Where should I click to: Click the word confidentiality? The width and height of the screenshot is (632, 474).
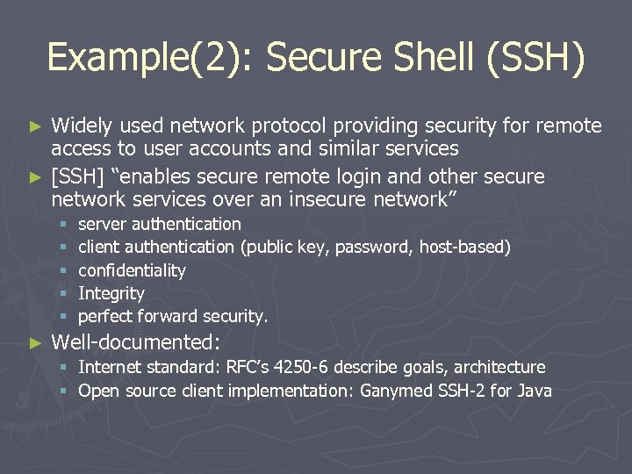(132, 270)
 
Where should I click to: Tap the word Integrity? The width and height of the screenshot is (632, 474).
(111, 293)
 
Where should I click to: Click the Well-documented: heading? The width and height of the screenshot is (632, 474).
(137, 341)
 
